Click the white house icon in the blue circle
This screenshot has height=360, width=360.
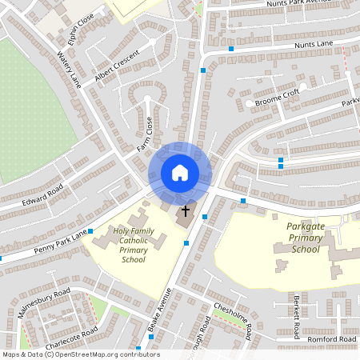click(180, 173)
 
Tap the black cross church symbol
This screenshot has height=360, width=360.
click(186, 211)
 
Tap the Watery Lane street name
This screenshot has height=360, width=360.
click(70, 70)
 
